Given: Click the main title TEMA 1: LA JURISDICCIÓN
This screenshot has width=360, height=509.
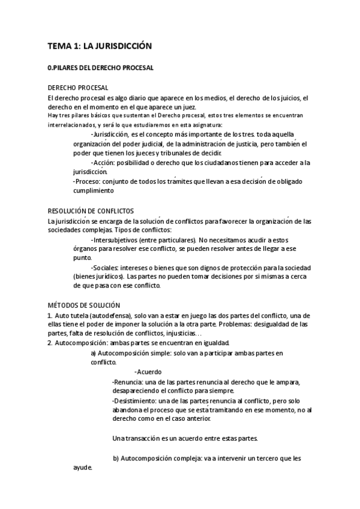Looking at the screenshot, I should click(x=100, y=46).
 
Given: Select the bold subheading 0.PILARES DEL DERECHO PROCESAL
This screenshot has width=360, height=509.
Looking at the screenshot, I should click(x=100, y=68).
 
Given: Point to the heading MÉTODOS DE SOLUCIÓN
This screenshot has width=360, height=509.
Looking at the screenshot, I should click(x=83, y=306).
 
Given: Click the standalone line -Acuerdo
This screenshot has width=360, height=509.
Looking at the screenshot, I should click(x=149, y=372).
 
